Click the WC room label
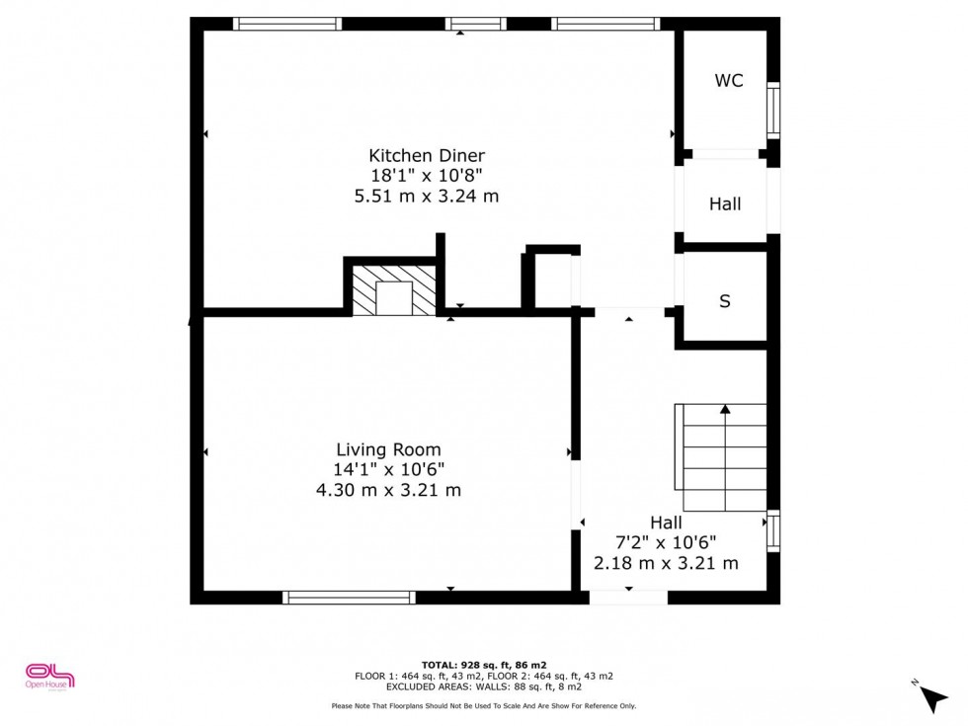729,80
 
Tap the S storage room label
725,301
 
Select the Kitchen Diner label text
427,156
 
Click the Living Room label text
388,449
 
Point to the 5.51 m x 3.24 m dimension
427,197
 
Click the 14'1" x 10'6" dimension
389,470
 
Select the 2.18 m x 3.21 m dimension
666,563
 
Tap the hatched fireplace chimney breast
394,290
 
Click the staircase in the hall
720,457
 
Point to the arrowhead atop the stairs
725,409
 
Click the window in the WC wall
773,110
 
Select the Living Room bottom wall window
349,597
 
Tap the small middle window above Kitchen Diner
475,24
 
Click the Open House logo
49,676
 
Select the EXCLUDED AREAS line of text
484,686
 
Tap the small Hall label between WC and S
725,203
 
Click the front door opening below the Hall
628,597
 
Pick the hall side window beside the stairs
773,530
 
